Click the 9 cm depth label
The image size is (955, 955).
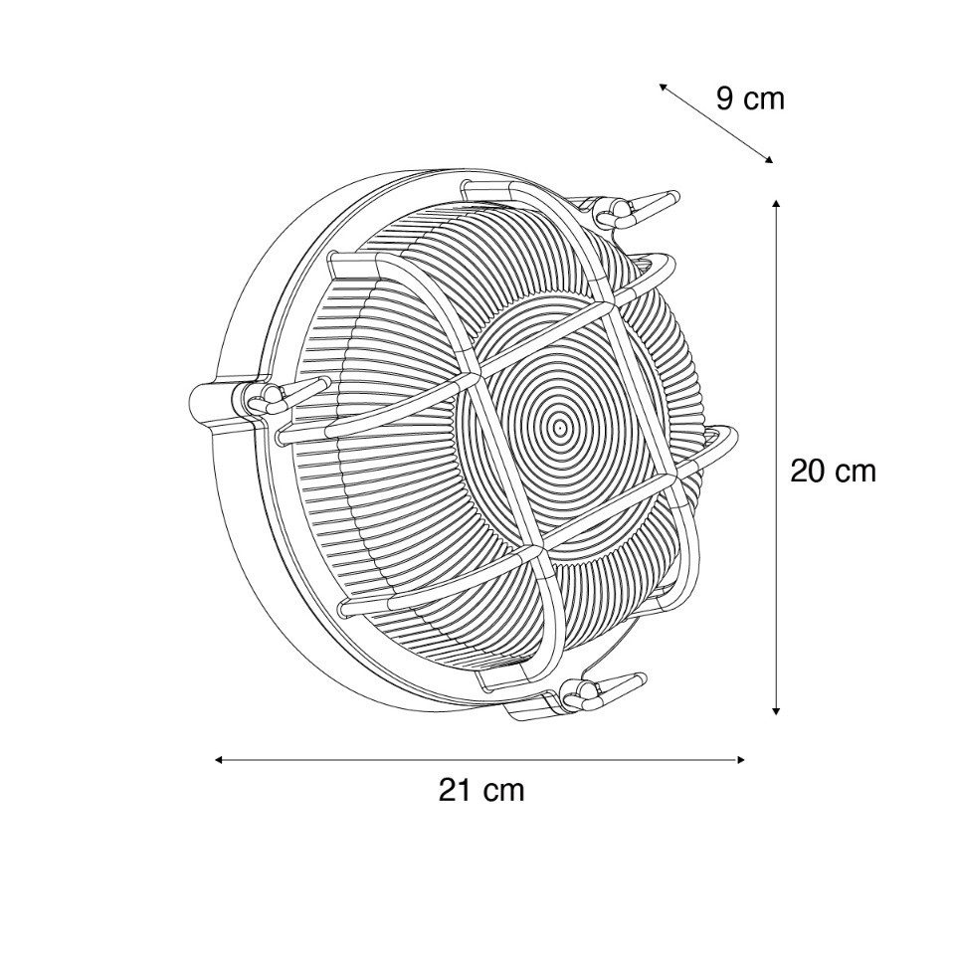pos(750,98)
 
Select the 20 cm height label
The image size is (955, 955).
pos(833,471)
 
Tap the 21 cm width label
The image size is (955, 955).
pos(480,791)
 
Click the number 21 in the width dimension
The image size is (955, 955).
pos(455,791)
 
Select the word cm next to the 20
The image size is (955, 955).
pos(855,471)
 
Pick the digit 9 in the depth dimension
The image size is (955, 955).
pos(725,98)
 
